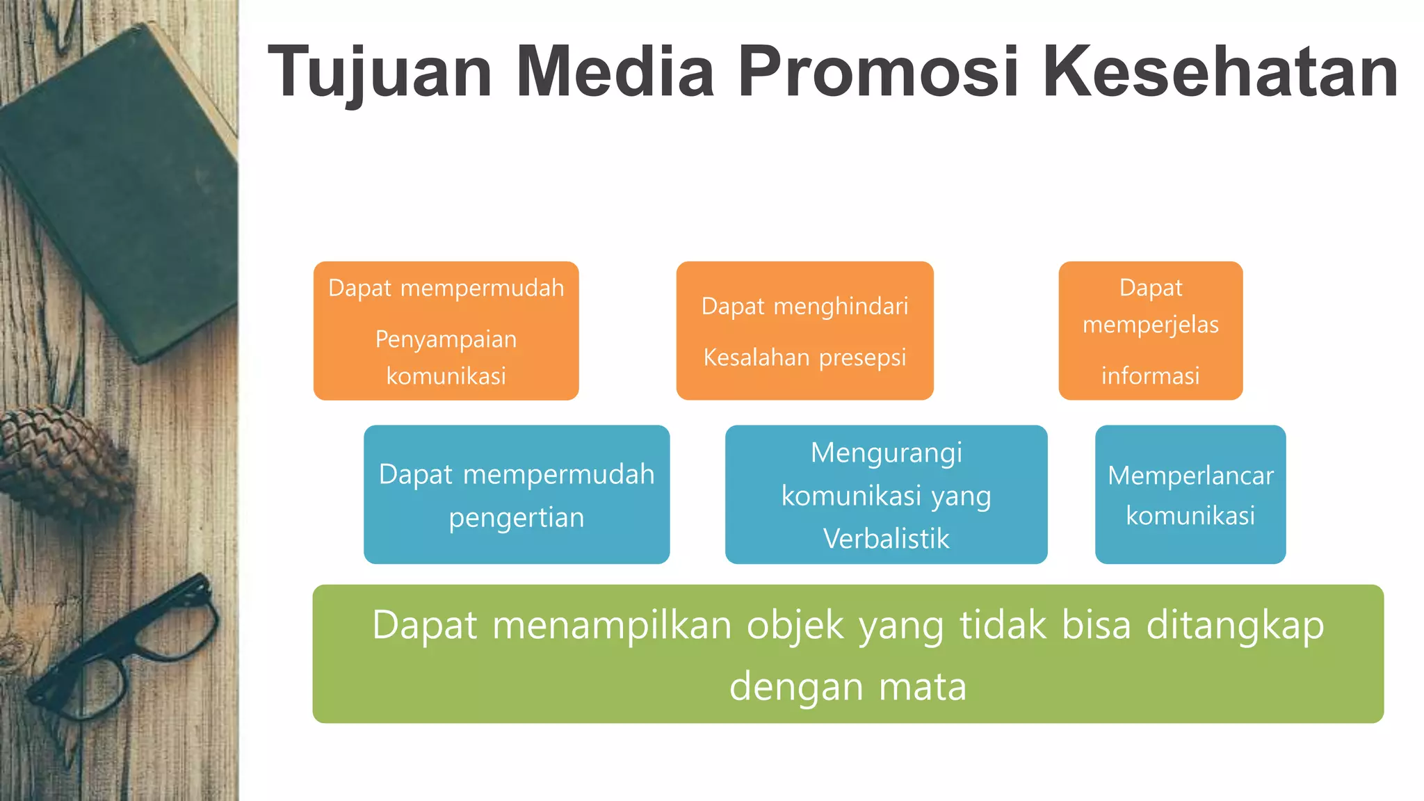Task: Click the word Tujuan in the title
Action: (380, 72)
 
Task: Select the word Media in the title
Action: (615, 72)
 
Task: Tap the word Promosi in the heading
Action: (877, 72)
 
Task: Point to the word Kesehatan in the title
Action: (1220, 72)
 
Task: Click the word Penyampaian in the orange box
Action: (446, 339)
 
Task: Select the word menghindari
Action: (841, 306)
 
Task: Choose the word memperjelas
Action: (1150, 325)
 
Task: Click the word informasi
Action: (1150, 376)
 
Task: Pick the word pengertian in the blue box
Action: (516, 518)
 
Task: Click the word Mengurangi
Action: (886, 453)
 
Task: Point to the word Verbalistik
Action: (886, 539)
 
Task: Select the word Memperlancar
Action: (1190, 476)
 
